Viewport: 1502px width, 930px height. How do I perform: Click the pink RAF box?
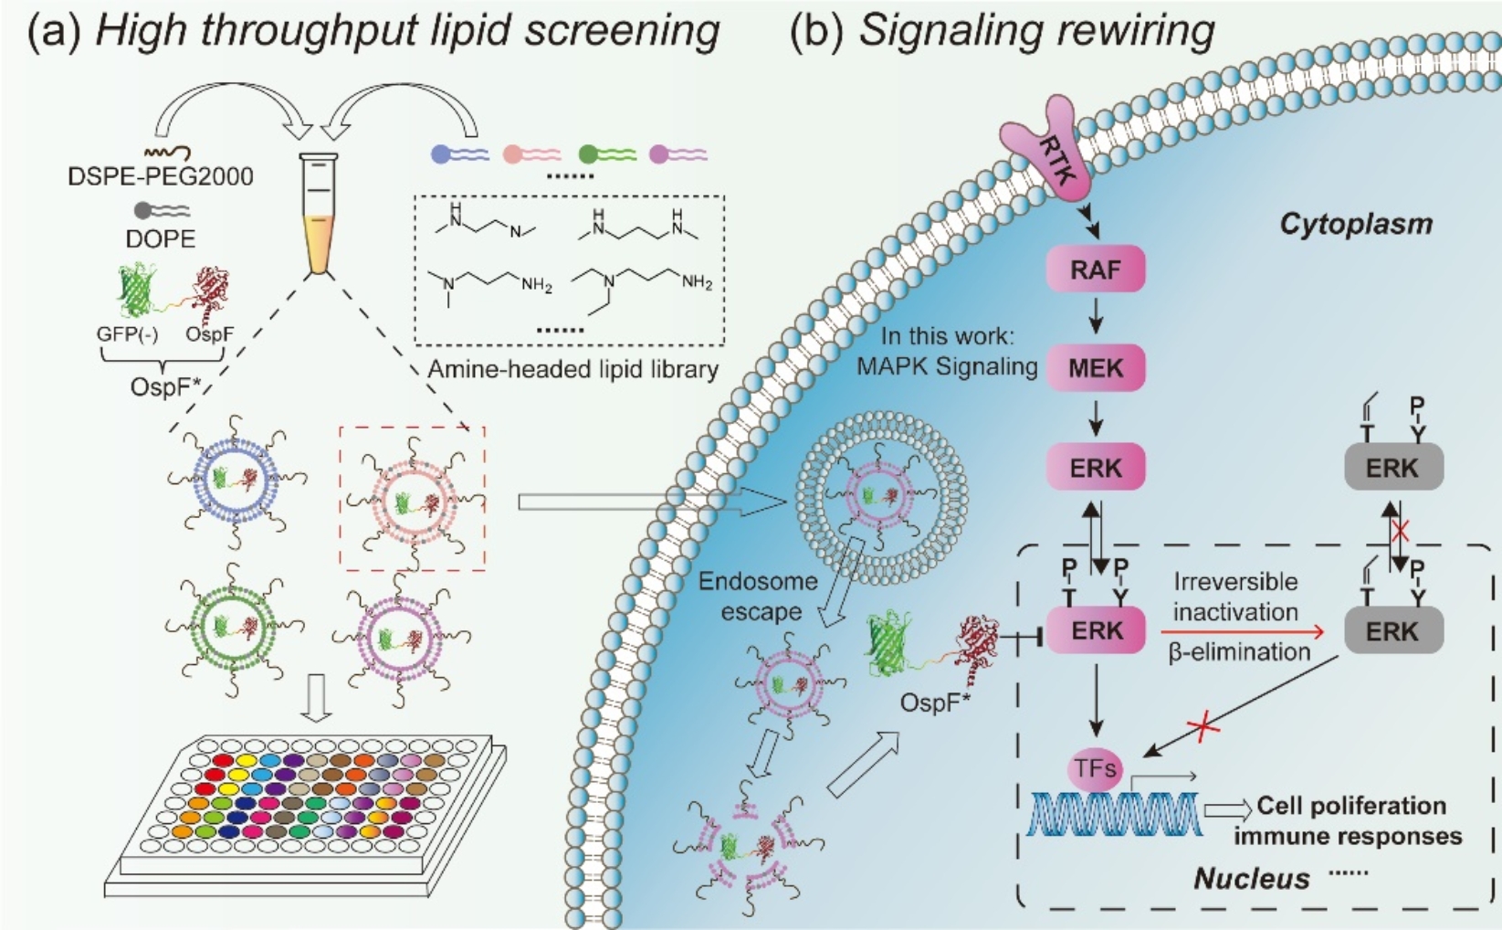click(1096, 269)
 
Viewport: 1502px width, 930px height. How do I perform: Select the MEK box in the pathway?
click(1096, 368)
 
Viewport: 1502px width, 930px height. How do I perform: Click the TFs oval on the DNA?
click(1095, 768)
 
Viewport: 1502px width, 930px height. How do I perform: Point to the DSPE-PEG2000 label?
click(161, 176)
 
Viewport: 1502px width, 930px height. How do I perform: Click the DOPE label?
click(161, 239)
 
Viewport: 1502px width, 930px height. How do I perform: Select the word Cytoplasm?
click(1356, 224)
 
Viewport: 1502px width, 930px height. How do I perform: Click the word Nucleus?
click(1252, 879)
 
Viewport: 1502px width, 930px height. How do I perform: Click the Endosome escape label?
click(758, 597)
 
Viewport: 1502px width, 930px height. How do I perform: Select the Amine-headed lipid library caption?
click(572, 370)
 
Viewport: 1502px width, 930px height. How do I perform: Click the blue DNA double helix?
click(1115, 813)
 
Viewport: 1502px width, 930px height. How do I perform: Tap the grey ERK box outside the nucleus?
click(1393, 468)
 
